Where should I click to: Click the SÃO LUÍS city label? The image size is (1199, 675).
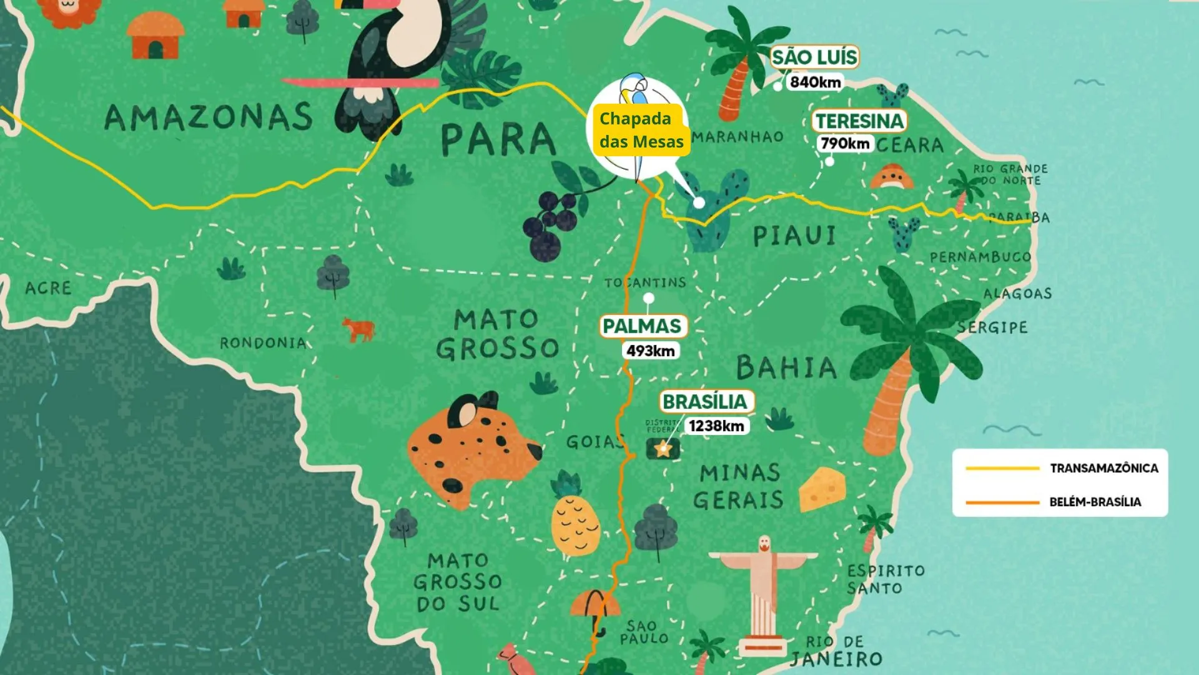[814, 57]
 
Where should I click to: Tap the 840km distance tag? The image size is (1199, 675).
[815, 82]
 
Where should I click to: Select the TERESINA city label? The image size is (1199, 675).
[859, 121]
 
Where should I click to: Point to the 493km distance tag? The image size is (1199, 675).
[651, 351]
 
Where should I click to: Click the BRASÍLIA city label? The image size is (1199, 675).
[705, 401]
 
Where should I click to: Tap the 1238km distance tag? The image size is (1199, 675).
[716, 426]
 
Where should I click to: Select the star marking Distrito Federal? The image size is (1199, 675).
[663, 448]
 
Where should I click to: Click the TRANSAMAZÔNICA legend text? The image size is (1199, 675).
[1103, 468]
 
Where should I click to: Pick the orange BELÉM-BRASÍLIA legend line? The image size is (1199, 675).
[1002, 502]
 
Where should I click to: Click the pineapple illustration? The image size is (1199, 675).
[575, 522]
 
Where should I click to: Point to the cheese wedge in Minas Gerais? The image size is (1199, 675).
[822, 489]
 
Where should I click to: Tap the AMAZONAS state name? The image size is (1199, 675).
[209, 117]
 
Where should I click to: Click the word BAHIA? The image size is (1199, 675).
[787, 367]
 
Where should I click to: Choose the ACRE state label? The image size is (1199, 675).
[48, 288]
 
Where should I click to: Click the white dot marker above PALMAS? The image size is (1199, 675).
[649, 298]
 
